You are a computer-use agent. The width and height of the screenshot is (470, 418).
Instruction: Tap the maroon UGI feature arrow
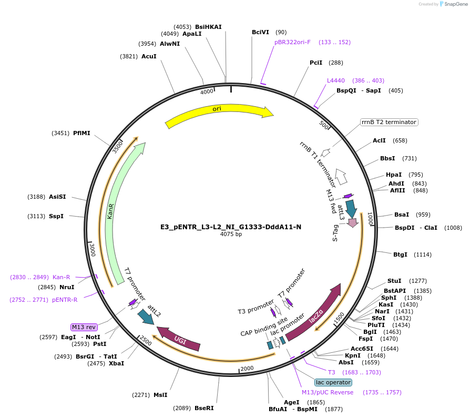(x=179, y=339)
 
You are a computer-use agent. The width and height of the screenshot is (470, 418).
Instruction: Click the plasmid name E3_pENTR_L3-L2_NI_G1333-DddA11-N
(x=231, y=227)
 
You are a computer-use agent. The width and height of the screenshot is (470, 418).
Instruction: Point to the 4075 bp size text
(x=231, y=235)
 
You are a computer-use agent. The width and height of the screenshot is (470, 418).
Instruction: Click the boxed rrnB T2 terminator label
(x=389, y=122)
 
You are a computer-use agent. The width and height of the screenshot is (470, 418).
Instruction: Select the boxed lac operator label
(x=333, y=382)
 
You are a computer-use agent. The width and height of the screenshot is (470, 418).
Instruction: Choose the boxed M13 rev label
(x=84, y=327)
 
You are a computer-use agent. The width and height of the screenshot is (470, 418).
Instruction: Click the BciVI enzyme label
(x=260, y=32)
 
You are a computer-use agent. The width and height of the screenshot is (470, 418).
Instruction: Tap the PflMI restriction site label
(x=81, y=133)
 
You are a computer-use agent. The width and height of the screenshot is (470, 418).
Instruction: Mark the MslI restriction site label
(x=160, y=395)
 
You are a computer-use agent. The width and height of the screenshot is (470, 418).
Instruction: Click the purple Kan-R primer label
(x=61, y=277)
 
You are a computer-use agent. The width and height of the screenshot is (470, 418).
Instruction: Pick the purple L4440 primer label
(x=336, y=80)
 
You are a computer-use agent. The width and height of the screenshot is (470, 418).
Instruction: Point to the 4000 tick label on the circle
(x=207, y=92)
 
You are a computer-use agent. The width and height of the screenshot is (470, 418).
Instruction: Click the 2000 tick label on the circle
(x=247, y=368)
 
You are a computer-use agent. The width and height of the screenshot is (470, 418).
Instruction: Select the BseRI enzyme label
(x=204, y=408)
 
